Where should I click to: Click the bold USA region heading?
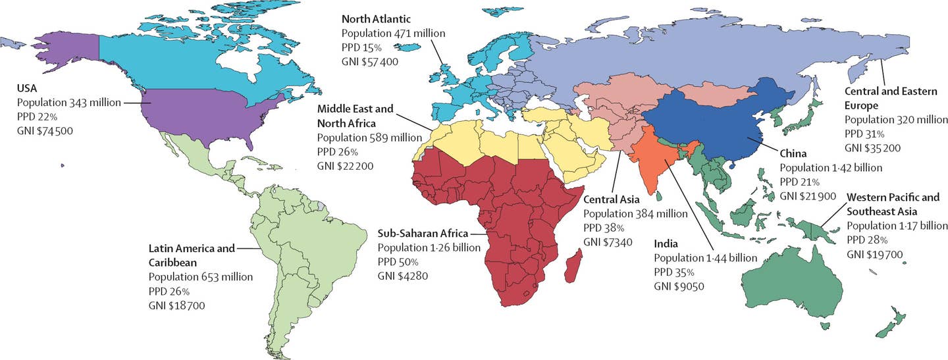[x=28, y=88]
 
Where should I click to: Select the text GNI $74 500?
[x=45, y=131]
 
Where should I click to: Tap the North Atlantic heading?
[x=375, y=18]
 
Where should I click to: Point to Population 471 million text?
[x=393, y=33]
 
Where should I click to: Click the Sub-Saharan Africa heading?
[x=422, y=233]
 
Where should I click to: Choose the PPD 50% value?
[x=398, y=261]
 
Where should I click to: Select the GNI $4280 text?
[x=402, y=276]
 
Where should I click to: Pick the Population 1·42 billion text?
[x=831, y=168]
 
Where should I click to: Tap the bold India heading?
[x=666, y=244]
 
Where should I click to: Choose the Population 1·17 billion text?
[x=897, y=226]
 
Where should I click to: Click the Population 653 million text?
[x=200, y=277]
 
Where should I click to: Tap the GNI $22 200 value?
[x=345, y=166]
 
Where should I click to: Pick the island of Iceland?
[x=409, y=51]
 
